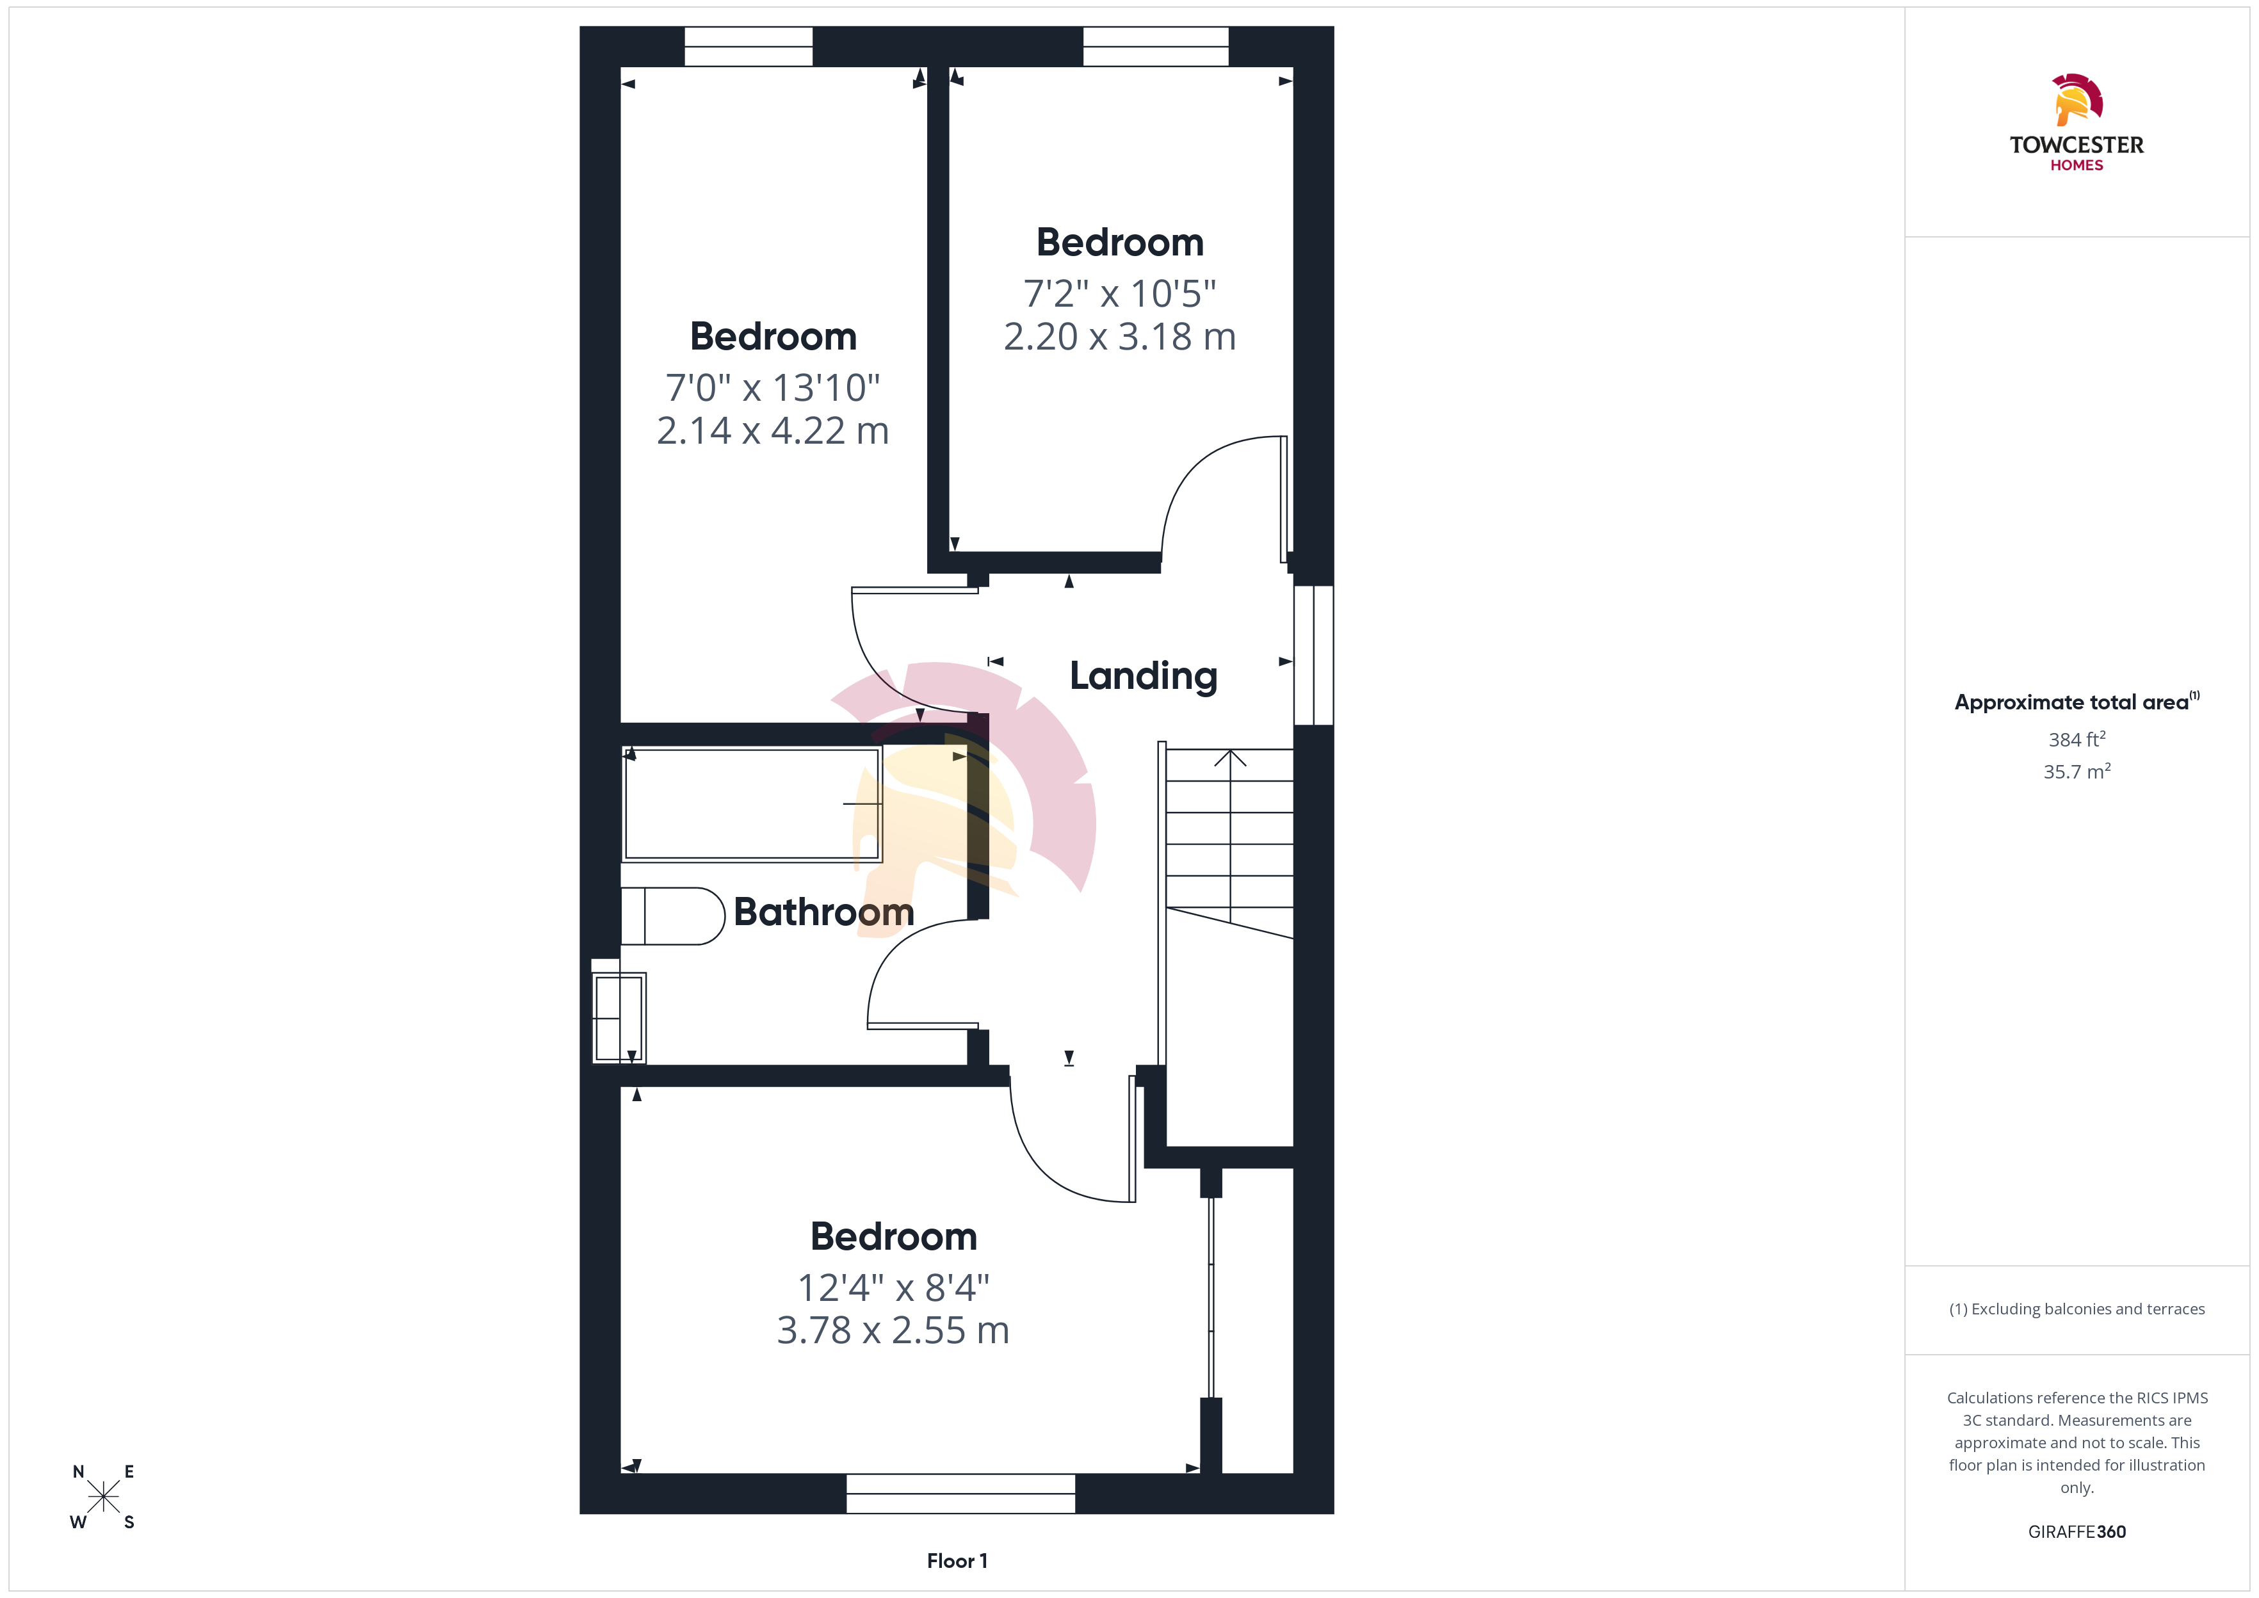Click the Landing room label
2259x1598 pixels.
[1144, 677]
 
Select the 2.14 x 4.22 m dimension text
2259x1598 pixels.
[773, 431]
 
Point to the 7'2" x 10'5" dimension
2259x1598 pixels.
[1120, 293]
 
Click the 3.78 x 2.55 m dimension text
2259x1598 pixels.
[893, 1330]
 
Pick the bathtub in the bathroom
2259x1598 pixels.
[752, 804]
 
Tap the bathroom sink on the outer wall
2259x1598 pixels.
[619, 1017]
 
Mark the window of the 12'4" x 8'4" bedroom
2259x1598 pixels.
[960, 1493]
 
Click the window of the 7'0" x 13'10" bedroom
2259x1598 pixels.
[749, 46]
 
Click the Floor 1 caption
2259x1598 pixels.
[957, 1561]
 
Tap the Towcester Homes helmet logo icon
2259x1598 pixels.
[2077, 99]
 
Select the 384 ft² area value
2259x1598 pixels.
[2077, 739]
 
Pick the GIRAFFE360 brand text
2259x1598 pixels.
[2077, 1532]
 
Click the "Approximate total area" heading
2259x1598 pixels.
[2072, 702]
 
